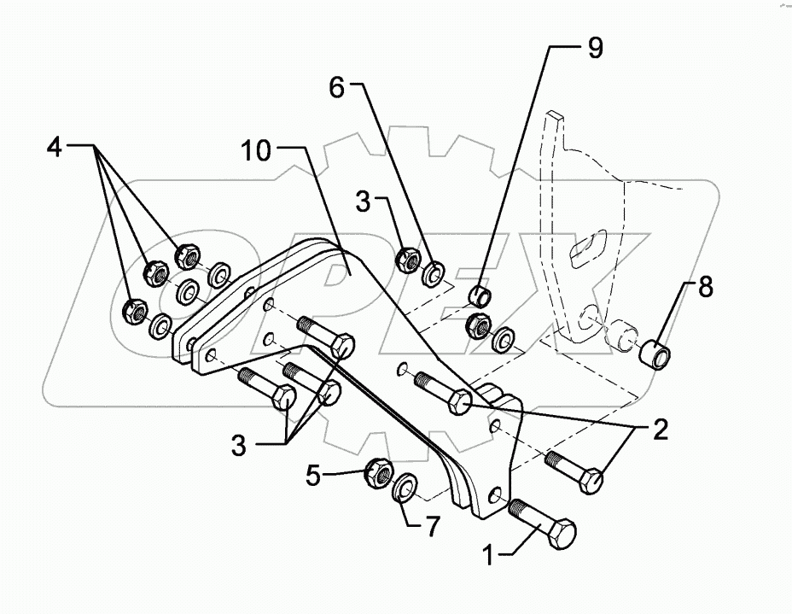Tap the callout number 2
point(659,430)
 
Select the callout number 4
point(54,147)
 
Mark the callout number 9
point(593,48)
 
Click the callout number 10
point(256,152)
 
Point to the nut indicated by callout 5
point(378,470)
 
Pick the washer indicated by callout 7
point(405,489)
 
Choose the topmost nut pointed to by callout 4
point(187,254)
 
